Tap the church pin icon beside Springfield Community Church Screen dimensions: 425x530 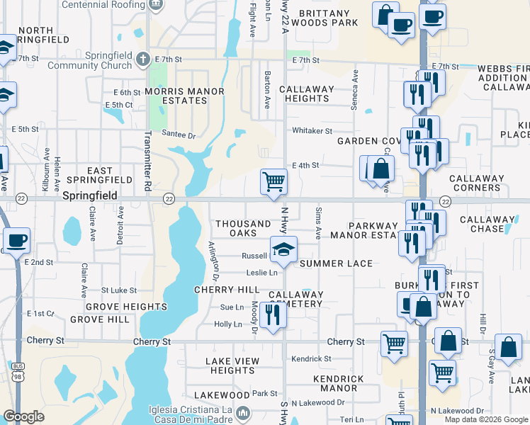pos(142,59)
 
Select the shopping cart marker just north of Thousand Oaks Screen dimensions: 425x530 pos(274,181)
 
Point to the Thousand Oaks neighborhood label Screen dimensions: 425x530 pos(243,228)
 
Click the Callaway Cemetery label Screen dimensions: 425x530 pos(295,299)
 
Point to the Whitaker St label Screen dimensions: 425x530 pos(312,131)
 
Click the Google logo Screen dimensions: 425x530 pos(23,416)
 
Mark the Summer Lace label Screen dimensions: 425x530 pos(336,263)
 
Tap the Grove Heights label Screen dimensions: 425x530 pos(126,307)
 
